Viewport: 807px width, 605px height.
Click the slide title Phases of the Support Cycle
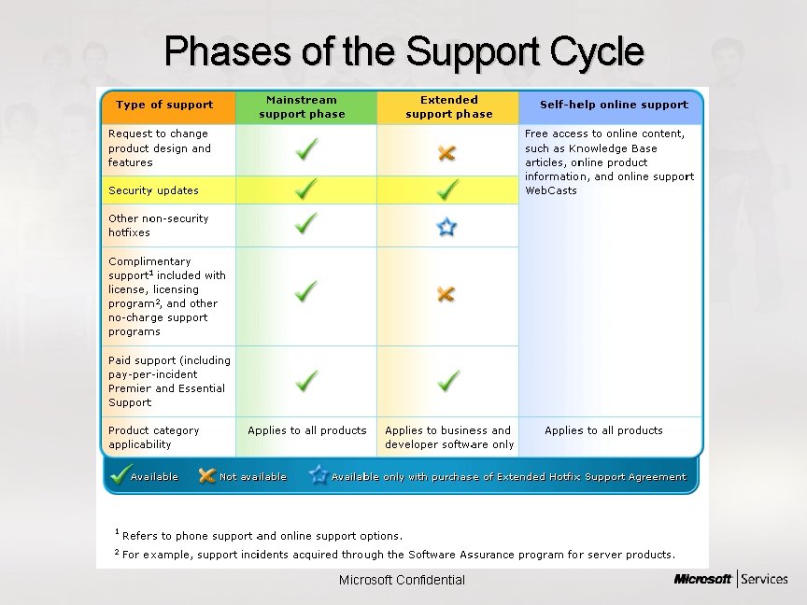[x=403, y=51]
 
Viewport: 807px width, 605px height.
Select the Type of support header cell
[x=164, y=106]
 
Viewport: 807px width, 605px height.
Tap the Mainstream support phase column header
[x=302, y=106]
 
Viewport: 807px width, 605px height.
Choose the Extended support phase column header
[x=448, y=106]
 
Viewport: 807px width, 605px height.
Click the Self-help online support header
[x=613, y=106]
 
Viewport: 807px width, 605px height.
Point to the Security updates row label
[x=153, y=190]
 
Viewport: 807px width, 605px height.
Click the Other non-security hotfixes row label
[x=158, y=225]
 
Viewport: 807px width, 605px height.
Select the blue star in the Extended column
[x=447, y=226]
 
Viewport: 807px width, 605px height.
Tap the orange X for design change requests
[x=447, y=153]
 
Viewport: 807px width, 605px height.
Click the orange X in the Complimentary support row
[x=446, y=294]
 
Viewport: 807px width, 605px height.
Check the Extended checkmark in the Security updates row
[x=448, y=190]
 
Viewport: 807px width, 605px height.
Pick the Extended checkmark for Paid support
[x=448, y=381]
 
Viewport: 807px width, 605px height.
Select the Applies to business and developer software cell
[x=448, y=437]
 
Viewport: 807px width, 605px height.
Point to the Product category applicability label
[x=153, y=437]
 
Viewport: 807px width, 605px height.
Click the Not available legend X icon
[x=207, y=476]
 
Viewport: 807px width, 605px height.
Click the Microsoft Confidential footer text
[x=402, y=580]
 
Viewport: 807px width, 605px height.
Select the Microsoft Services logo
[x=730, y=580]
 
